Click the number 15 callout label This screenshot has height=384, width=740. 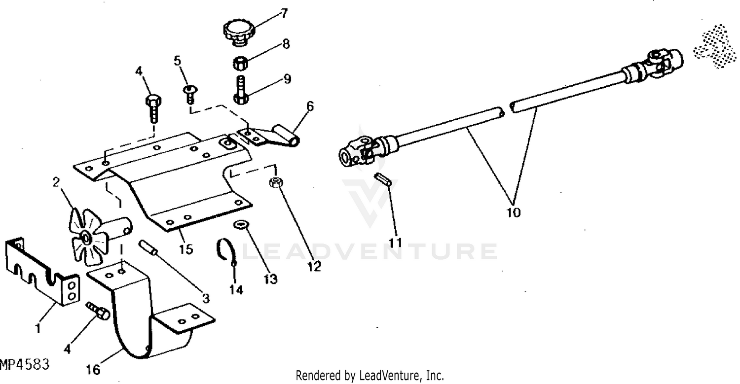coord(186,249)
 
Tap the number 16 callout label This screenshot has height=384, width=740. coord(93,369)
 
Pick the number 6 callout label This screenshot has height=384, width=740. coord(309,106)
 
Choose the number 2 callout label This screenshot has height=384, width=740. coord(56,182)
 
